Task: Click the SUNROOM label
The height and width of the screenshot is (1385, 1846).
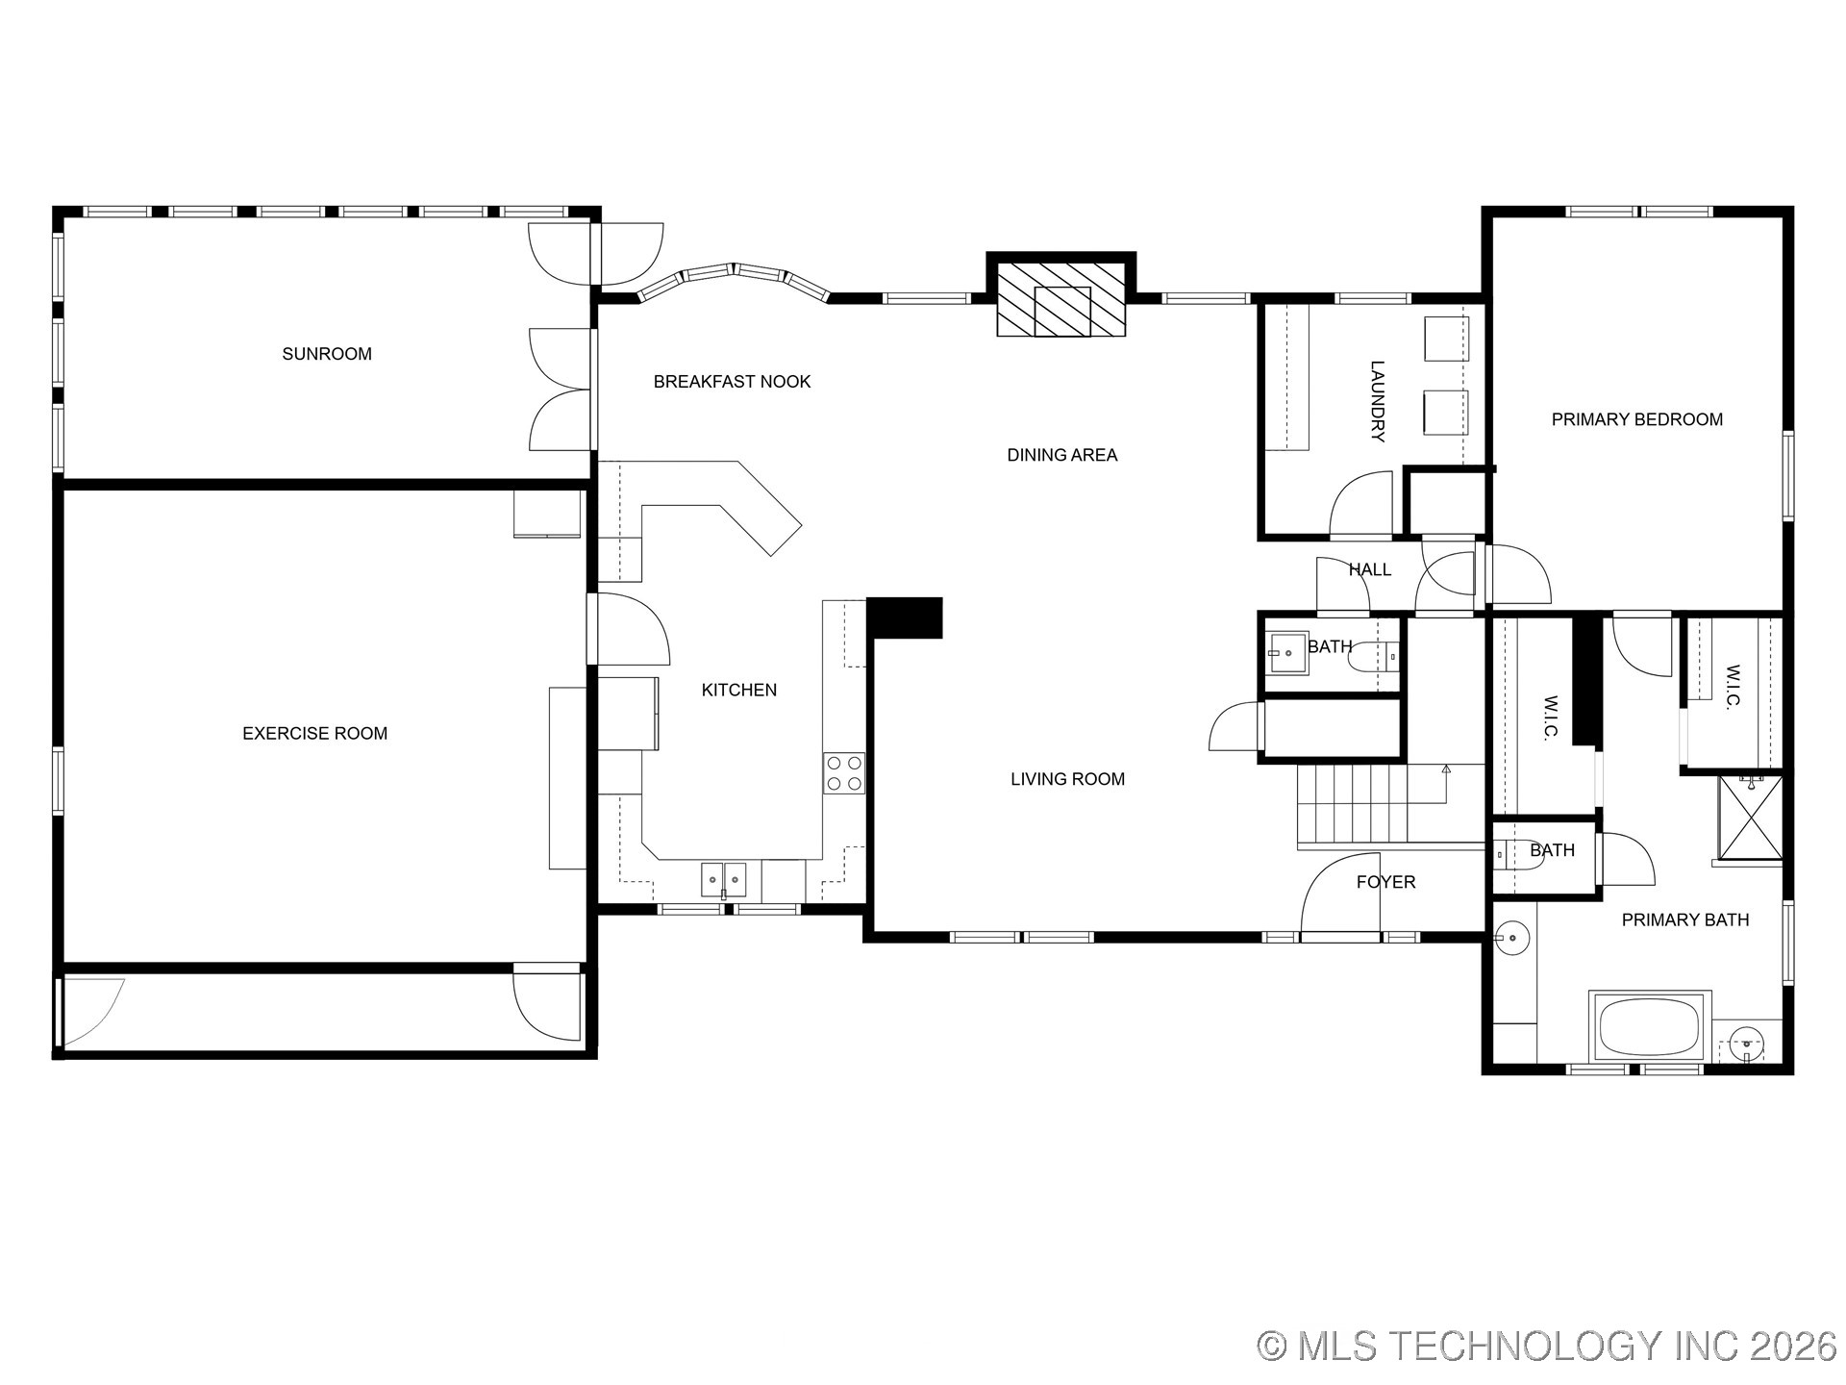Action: pos(327,354)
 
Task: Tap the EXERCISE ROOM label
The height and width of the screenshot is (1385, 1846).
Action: pos(314,733)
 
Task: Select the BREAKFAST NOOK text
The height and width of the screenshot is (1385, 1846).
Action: pos(732,382)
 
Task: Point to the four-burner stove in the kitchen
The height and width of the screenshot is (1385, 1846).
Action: pos(843,773)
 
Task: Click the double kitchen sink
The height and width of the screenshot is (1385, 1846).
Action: pos(723,879)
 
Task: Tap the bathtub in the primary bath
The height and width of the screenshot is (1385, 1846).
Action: pos(1649,1026)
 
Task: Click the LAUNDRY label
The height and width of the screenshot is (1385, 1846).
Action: pos(1377,401)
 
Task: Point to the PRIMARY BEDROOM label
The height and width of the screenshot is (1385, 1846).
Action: pos(1636,419)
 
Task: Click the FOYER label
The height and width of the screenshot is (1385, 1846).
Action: pos(1385,882)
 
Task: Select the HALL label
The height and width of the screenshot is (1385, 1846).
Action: pos(1369,569)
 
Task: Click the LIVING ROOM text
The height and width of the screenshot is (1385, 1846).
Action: pos(1067,779)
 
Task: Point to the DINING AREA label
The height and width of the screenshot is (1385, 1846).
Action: pos(1061,455)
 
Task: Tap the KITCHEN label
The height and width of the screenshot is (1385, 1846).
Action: pos(738,690)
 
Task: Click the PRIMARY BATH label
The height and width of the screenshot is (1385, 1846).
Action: pos(1684,920)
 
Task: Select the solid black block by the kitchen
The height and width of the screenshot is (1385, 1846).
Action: pos(904,617)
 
